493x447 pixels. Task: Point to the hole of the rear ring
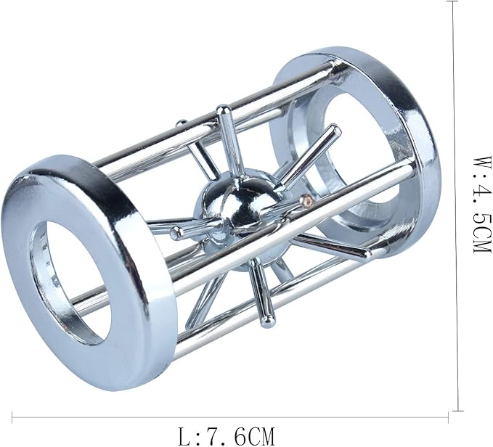(x=359, y=157)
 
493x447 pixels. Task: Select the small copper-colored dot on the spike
(x=306, y=199)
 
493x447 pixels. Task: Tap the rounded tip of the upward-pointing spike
(x=223, y=110)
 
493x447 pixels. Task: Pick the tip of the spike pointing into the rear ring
(x=335, y=130)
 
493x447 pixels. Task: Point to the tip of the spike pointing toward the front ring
(x=176, y=233)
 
